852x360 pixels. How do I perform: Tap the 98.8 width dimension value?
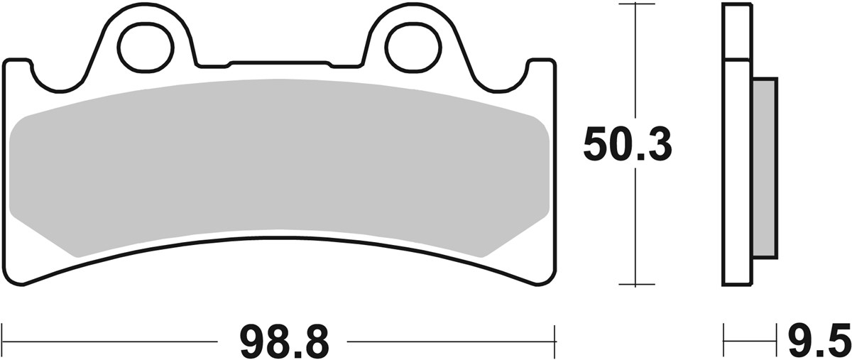click(x=284, y=342)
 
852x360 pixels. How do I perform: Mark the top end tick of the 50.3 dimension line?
click(x=636, y=4)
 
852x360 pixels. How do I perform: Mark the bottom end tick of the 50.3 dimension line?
click(x=636, y=285)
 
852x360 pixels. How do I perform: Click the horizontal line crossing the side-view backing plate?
click(x=736, y=59)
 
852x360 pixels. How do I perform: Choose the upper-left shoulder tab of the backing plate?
click(x=18, y=67)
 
